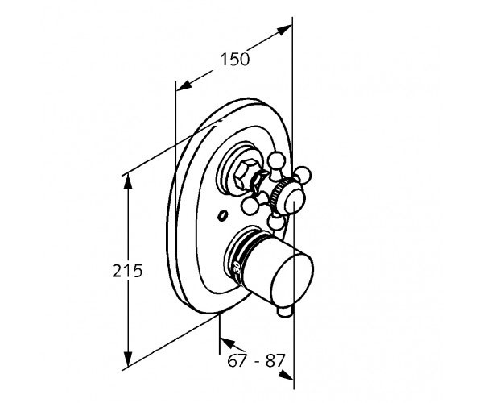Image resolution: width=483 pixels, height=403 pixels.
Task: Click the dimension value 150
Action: [235, 60]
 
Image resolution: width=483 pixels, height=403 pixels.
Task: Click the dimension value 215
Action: [127, 271]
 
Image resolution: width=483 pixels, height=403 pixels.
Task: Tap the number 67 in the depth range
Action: [237, 360]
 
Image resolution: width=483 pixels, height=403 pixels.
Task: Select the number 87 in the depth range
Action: [275, 360]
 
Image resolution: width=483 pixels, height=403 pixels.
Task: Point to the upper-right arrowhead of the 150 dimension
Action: [284, 30]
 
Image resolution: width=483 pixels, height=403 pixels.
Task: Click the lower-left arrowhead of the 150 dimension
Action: [184, 85]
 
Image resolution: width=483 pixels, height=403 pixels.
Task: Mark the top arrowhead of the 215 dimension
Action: [128, 182]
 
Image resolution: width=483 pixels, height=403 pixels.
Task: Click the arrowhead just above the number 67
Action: [227, 343]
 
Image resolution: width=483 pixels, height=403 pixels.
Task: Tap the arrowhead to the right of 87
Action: [286, 375]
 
